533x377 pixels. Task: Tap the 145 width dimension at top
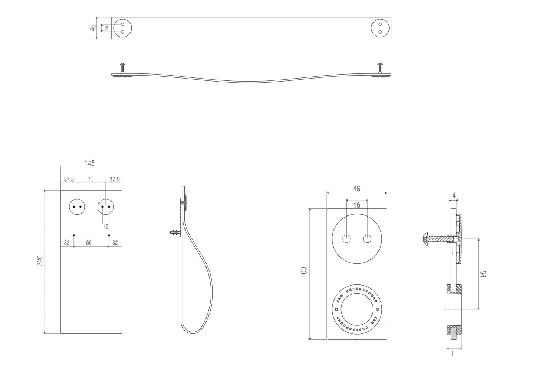tap(89, 163)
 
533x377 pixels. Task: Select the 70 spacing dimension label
tap(90, 179)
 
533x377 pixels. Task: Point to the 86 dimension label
tap(89, 243)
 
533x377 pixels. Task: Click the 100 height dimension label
tap(304, 272)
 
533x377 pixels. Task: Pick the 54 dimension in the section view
tap(483, 274)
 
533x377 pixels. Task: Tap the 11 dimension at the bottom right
tap(454, 353)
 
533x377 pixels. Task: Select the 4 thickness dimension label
tap(454, 195)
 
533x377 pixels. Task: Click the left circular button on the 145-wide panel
tap(77, 207)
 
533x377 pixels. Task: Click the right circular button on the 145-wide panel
tap(106, 207)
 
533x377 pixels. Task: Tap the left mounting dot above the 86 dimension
tap(74, 235)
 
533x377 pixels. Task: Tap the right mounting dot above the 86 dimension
tap(109, 235)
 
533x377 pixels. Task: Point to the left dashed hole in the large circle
tap(347, 239)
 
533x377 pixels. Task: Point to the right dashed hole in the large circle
tap(367, 239)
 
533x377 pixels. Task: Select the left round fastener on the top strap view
tap(122, 28)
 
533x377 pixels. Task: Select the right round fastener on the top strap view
tap(380, 28)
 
